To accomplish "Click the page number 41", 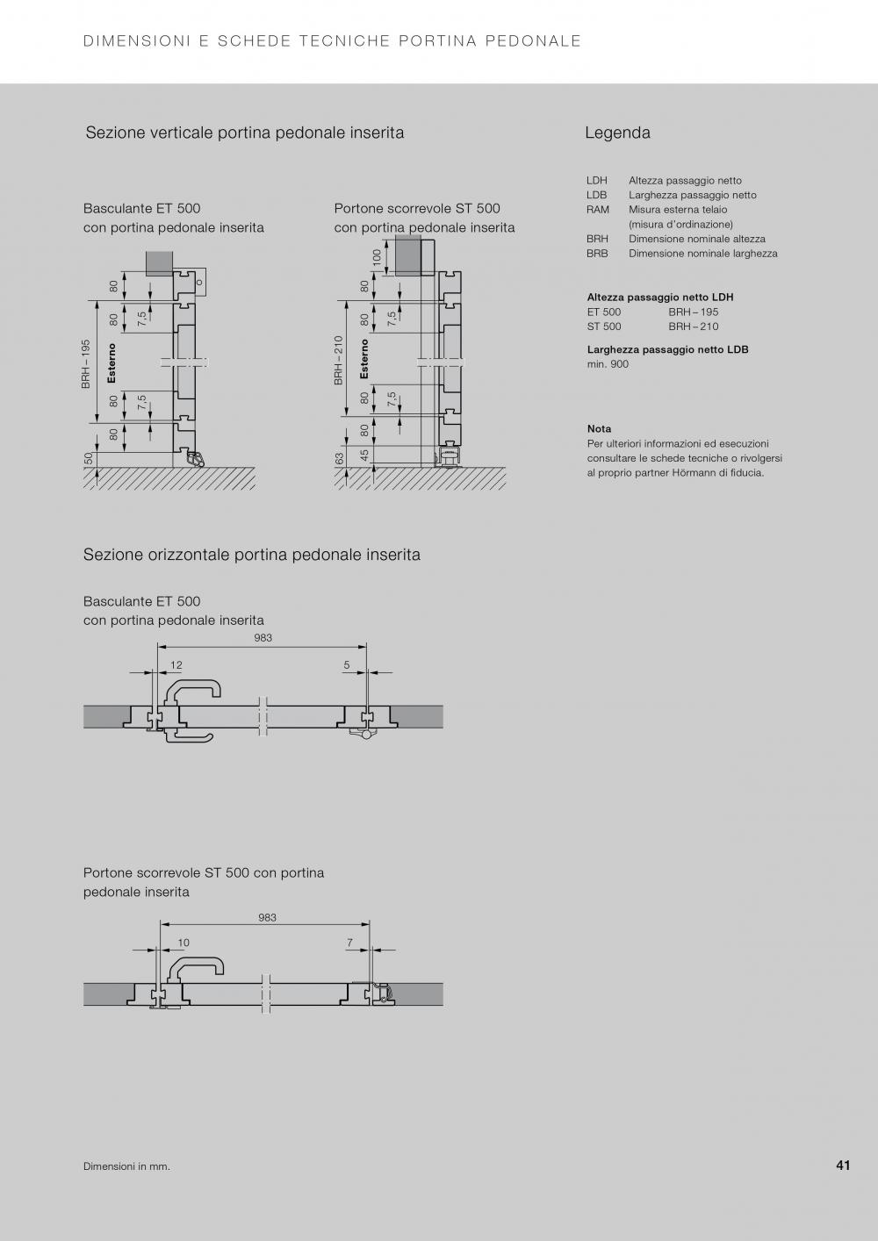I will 843,1166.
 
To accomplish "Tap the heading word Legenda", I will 617,133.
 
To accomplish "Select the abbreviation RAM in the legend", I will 598,210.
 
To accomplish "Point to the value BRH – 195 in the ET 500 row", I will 693,312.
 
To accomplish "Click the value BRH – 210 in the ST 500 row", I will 693,326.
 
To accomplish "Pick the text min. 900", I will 608,364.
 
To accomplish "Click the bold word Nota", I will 599,429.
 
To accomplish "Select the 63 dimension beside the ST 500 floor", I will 340,459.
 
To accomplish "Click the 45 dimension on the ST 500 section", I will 365,456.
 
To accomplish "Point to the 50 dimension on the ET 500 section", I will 89,457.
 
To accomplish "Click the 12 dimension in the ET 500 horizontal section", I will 176,665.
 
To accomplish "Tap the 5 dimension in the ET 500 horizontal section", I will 347,665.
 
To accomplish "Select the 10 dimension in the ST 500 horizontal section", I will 184,943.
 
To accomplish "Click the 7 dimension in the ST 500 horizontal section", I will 349,943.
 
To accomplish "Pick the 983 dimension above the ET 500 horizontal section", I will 263,638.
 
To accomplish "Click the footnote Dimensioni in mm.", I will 126,1166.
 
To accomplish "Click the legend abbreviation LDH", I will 597,181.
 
